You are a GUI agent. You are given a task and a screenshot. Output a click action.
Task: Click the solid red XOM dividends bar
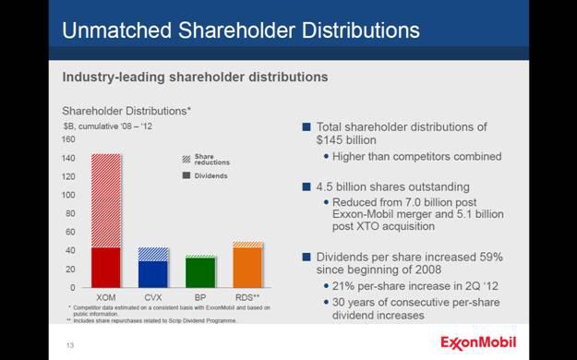point(105,268)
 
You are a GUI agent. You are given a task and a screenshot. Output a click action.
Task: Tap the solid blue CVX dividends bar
point(153,274)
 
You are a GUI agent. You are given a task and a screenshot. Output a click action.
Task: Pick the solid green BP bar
point(200,272)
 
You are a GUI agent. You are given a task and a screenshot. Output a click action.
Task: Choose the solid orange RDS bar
point(247,268)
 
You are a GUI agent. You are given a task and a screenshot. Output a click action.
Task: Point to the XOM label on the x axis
point(105,298)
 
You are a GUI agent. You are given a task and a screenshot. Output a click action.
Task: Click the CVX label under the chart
point(153,298)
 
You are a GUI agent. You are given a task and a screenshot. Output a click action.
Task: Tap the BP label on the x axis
point(200,298)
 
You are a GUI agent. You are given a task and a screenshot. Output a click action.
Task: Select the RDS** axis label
point(248,298)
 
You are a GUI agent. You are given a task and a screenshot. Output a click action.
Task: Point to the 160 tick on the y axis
point(68,140)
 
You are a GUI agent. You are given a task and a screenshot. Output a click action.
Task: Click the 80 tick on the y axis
point(70,214)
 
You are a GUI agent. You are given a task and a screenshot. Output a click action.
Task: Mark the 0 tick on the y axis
point(73,288)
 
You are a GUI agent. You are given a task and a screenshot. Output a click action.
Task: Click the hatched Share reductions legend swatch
point(186,159)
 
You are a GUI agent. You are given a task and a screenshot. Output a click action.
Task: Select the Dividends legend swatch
point(186,174)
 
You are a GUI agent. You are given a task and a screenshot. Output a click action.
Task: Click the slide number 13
point(69,346)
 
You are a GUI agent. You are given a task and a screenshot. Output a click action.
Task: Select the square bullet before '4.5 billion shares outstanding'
point(307,186)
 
